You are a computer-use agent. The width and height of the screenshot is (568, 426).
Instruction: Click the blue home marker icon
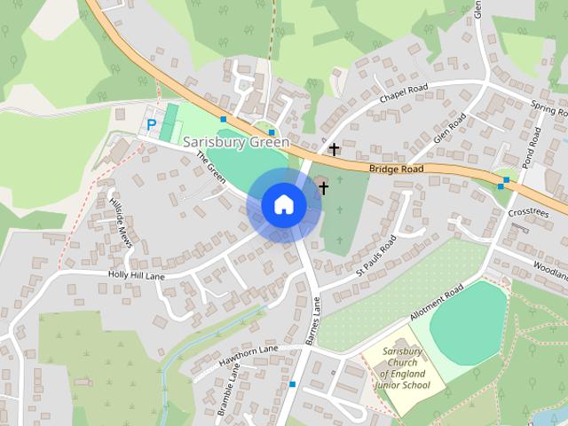[x=283, y=204]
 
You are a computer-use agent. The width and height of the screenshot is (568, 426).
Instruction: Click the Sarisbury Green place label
[x=236, y=142]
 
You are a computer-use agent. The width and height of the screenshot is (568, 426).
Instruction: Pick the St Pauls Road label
[x=375, y=256]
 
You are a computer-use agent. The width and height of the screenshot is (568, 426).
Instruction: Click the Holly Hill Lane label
[x=138, y=276]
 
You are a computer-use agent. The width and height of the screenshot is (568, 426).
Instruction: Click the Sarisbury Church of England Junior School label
[x=404, y=368]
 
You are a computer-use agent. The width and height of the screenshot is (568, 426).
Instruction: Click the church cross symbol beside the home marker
[x=323, y=188]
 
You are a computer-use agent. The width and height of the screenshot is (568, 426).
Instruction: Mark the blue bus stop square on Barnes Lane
[x=292, y=384]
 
